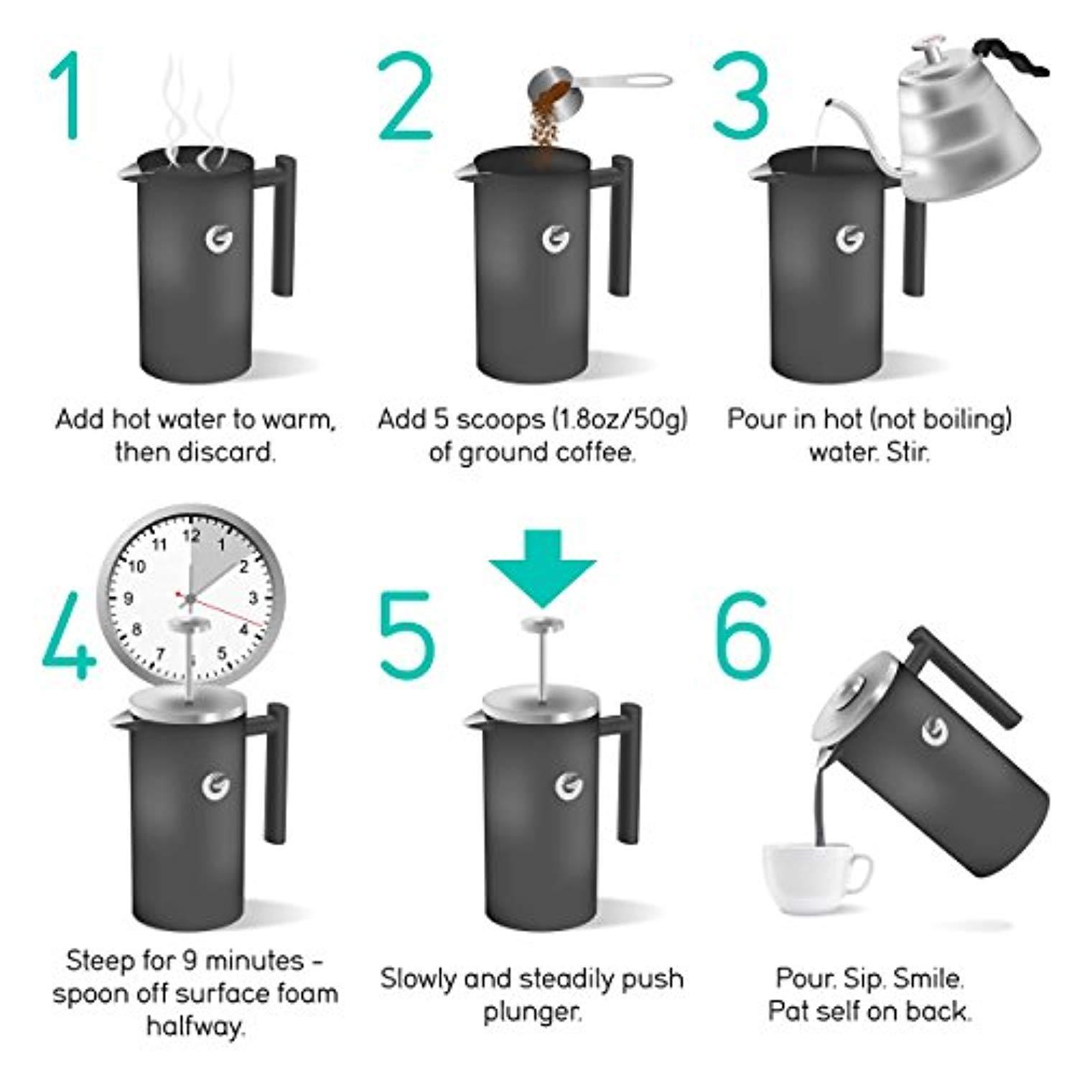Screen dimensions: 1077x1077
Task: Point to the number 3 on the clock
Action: pyautogui.click(x=253, y=597)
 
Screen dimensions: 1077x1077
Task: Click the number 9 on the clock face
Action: pyautogui.click(x=129, y=598)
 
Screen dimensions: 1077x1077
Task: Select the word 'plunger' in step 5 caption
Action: pyautogui.click(x=531, y=1013)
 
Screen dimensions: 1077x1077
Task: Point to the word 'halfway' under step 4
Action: pyautogui.click(x=195, y=1026)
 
